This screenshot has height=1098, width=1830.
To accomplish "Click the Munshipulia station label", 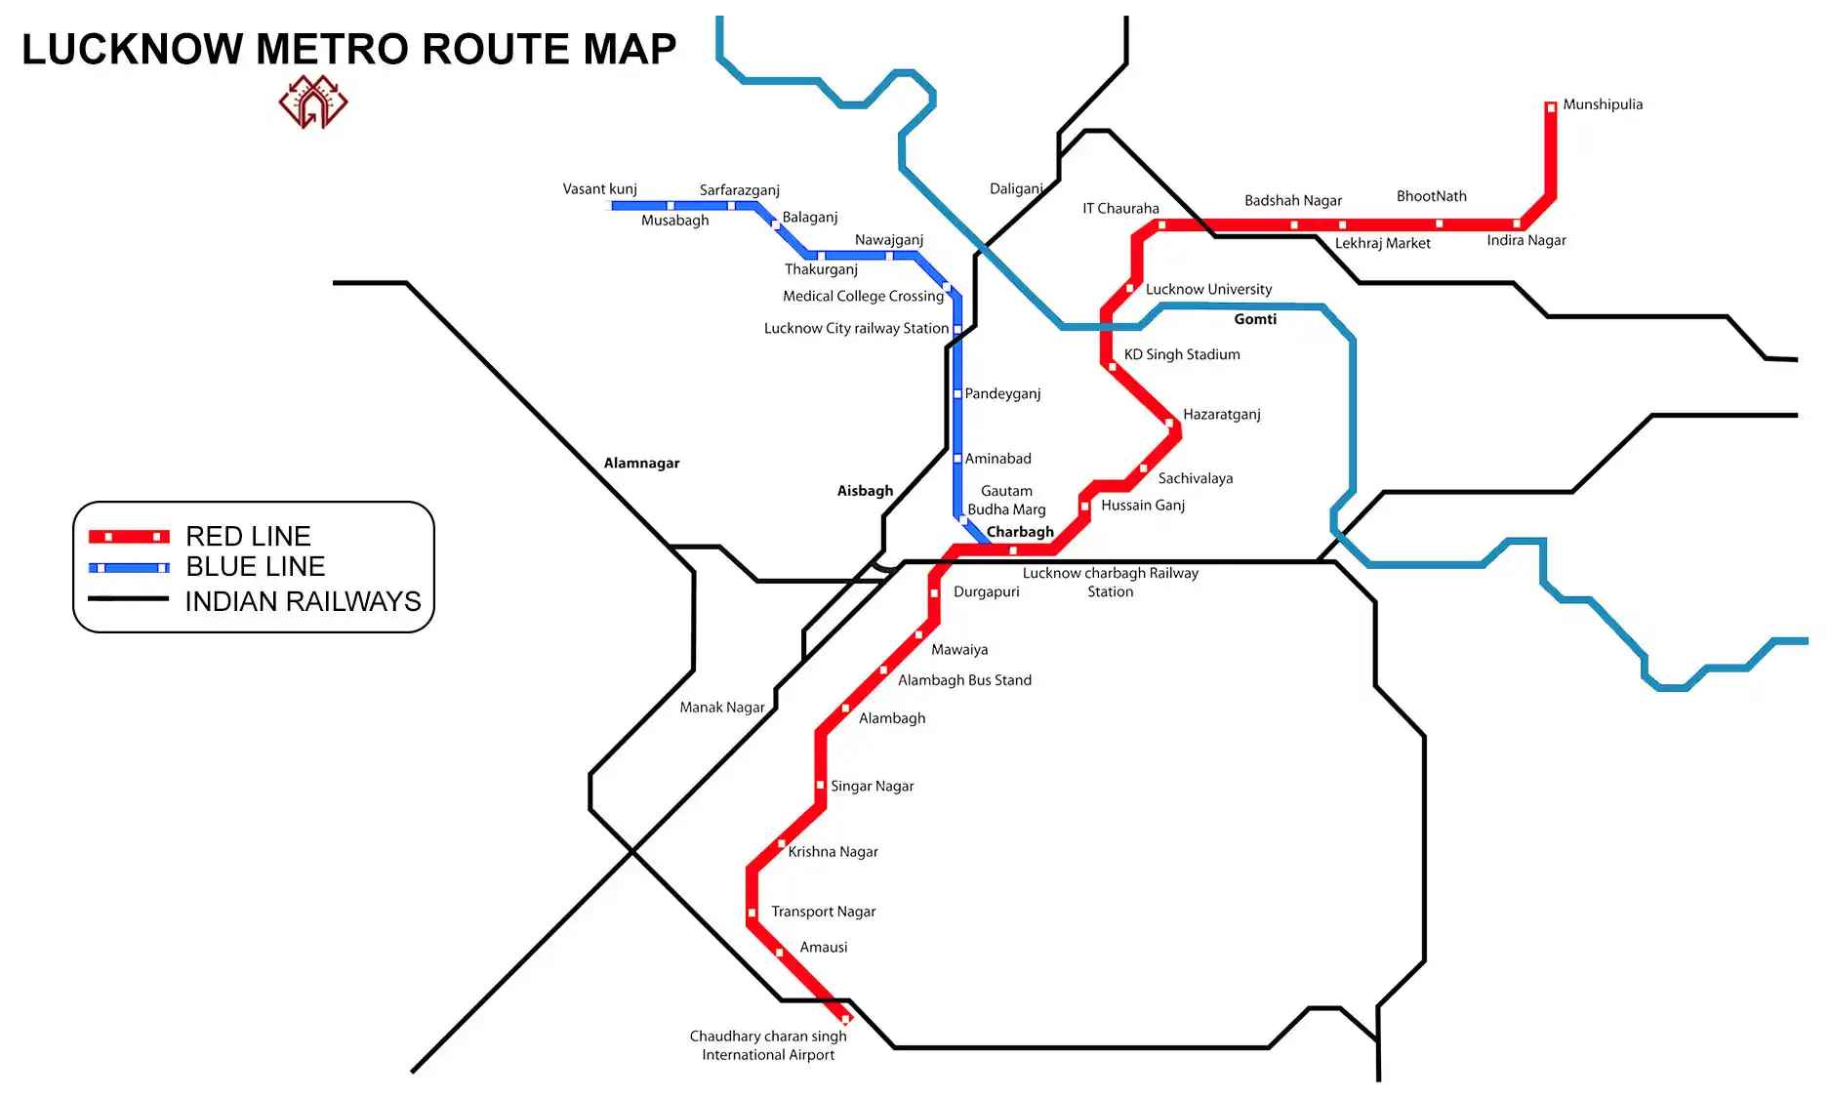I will click(x=1602, y=104).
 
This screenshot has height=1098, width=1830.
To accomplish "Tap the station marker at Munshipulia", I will click(x=1550, y=107).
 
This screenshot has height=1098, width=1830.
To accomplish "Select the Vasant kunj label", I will click(x=599, y=188).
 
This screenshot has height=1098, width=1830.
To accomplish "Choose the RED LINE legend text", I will click(x=248, y=536).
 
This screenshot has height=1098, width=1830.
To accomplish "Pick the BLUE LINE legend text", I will click(x=255, y=566).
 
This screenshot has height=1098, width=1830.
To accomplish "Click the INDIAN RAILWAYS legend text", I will click(x=303, y=601).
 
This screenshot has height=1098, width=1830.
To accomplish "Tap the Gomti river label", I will click(x=1254, y=319).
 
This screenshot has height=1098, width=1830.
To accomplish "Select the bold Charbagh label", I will click(x=1020, y=532).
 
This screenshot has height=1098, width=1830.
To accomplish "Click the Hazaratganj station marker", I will click(x=1169, y=423).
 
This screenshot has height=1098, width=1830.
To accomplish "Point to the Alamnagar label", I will click(x=641, y=463).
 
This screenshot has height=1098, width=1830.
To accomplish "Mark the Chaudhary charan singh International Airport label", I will click(x=768, y=1045).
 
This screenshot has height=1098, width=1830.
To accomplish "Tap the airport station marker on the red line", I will click(x=845, y=1020).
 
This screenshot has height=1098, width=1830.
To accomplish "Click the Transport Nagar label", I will click(x=823, y=912).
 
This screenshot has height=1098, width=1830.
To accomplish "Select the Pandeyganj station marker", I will click(x=957, y=393).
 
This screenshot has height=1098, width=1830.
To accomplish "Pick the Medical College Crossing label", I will click(x=863, y=296).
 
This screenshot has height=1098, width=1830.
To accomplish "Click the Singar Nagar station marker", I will click(x=820, y=786).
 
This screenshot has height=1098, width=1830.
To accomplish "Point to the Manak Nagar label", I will click(x=721, y=707).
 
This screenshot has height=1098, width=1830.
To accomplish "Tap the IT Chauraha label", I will click(x=1120, y=208).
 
